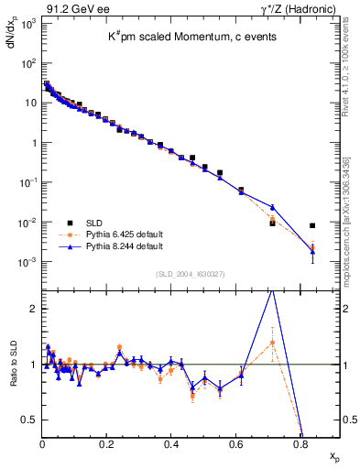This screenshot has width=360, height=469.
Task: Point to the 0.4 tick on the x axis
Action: (171, 444)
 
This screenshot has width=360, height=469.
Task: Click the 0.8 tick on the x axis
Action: (300, 444)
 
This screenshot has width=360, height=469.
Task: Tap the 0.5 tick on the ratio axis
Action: (30, 420)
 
